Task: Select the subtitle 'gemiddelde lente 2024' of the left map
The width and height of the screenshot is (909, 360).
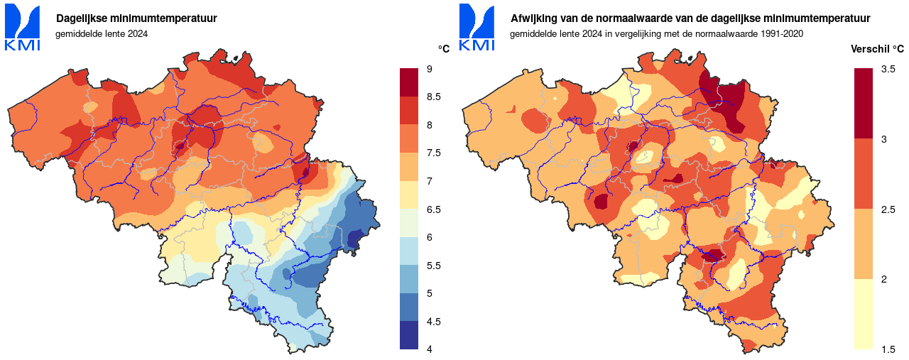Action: pyautogui.click(x=102, y=34)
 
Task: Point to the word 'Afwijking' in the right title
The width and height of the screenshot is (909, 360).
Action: pyautogui.click(x=533, y=18)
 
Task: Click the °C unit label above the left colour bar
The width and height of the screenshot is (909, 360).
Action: pyautogui.click(x=444, y=49)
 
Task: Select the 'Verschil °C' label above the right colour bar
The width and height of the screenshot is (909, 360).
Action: pyautogui.click(x=878, y=49)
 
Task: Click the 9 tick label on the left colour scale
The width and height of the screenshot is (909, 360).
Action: pyautogui.click(x=430, y=69)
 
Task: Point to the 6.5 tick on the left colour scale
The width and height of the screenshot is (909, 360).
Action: pyautogui.click(x=433, y=209)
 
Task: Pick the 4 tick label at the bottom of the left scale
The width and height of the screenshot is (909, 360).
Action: pyautogui.click(x=430, y=349)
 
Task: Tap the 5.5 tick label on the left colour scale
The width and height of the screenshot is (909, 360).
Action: pyautogui.click(x=433, y=266)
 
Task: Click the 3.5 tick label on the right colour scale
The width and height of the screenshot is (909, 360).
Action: pyautogui.click(x=888, y=69)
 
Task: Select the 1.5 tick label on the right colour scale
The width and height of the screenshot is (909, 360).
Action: pyautogui.click(x=888, y=349)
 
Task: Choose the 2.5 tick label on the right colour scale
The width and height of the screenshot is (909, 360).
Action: pyautogui.click(x=888, y=209)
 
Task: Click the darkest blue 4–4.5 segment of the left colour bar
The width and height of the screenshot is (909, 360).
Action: pyautogui.click(x=410, y=335)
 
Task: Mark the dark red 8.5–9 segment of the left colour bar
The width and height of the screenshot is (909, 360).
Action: pyautogui.click(x=410, y=82)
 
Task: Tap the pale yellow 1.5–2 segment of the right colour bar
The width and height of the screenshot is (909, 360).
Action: pyautogui.click(x=864, y=314)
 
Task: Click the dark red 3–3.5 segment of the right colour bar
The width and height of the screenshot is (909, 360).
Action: pyautogui.click(x=864, y=104)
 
